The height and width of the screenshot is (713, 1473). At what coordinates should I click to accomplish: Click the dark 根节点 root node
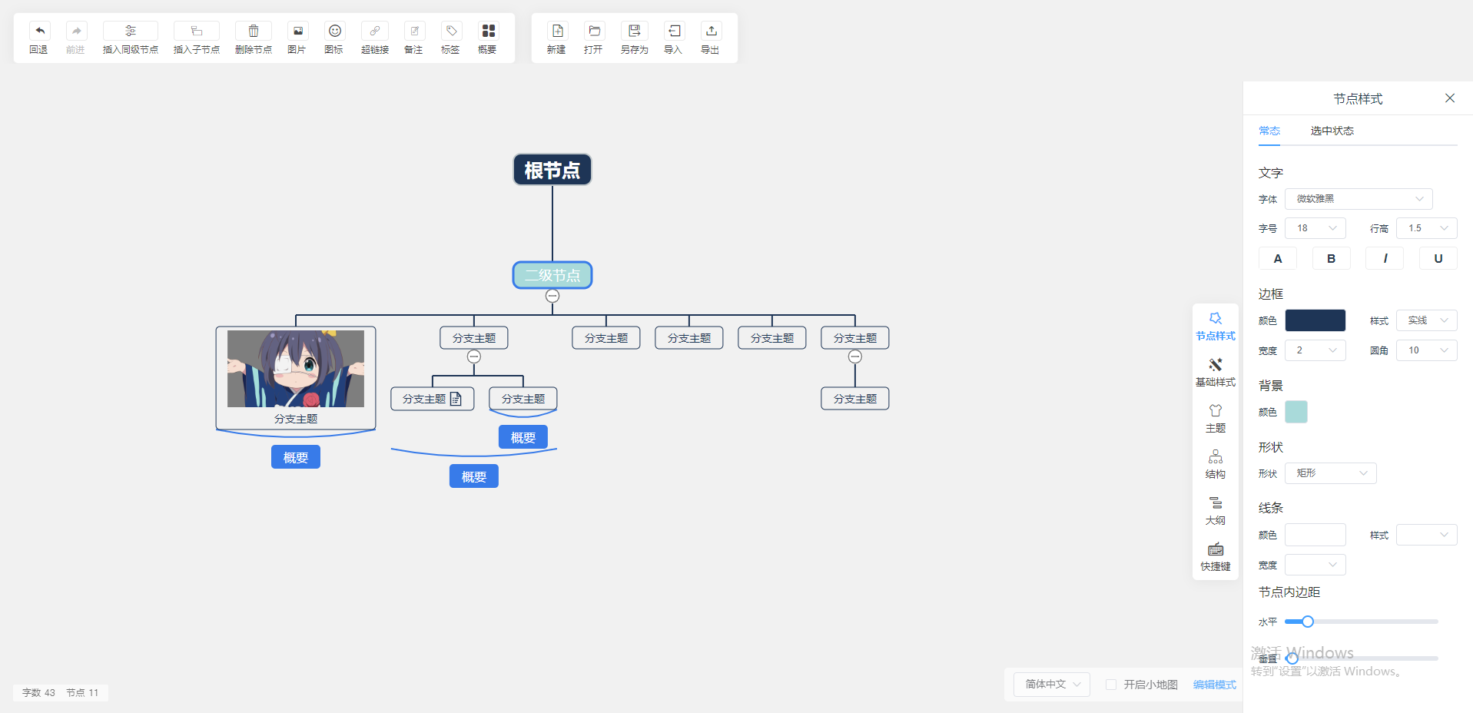pos(552,170)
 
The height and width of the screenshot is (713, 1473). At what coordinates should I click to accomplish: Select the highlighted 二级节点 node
pos(552,275)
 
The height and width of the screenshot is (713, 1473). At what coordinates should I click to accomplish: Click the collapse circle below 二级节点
pos(552,296)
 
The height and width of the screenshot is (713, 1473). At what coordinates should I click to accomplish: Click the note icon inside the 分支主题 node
pos(456,399)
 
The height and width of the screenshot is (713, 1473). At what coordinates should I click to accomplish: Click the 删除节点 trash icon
pos(254,32)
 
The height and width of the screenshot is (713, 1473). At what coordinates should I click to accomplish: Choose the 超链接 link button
pos(374,32)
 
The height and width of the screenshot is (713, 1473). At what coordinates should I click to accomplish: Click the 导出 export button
pos(711,32)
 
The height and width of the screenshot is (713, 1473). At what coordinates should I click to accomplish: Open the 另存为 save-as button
pos(634,32)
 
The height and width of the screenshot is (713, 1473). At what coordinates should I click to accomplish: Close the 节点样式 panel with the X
pos(1449,98)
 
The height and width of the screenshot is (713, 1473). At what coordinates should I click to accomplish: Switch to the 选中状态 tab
pos(1332,131)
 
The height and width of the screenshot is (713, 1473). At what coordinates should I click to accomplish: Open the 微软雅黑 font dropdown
pos(1358,199)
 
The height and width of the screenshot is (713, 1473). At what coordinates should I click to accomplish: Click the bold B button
pos(1331,259)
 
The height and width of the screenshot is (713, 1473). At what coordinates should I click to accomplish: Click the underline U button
pos(1438,259)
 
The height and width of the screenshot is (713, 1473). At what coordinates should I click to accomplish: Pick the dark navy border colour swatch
pos(1315,320)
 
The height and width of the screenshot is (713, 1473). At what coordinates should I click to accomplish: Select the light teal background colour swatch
pos(1296,412)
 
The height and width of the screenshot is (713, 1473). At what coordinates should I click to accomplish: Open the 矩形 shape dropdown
pos(1330,473)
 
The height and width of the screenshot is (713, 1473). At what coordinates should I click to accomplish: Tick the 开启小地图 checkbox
pos(1111,685)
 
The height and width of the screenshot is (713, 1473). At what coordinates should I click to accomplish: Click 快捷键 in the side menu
pos(1215,556)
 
